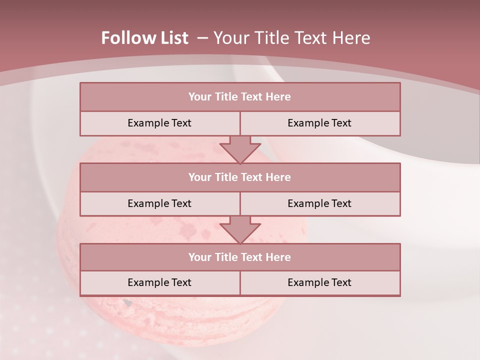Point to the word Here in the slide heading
tap(351, 38)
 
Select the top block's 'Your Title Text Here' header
tap(239, 97)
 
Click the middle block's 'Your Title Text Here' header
tap(239, 177)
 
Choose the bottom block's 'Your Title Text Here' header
tap(239, 257)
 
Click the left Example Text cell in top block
tap(159, 123)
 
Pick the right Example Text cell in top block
tap(319, 123)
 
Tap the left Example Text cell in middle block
tap(159, 204)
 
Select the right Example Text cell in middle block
tap(319, 204)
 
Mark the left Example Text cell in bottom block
tap(159, 283)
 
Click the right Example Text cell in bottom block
tap(319, 283)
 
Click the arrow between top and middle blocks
tap(240, 149)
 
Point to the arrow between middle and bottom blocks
tap(240, 229)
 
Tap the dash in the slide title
tap(202, 38)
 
